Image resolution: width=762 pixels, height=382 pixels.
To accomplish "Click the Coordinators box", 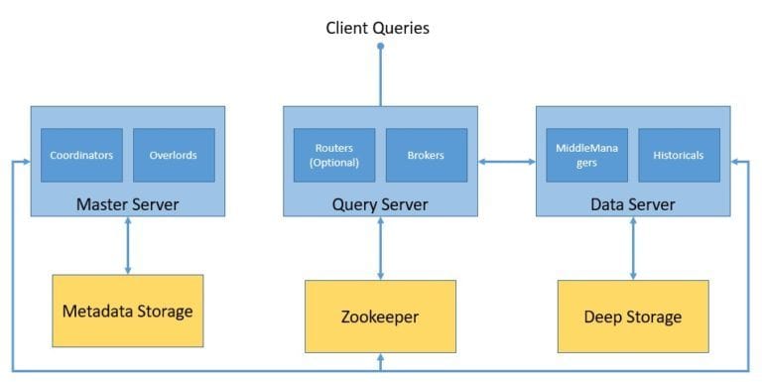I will (x=81, y=155).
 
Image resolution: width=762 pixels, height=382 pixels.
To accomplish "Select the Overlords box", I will (x=174, y=155).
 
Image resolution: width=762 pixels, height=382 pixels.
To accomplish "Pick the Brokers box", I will (x=426, y=155).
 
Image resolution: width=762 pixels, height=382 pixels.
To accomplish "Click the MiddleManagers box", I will (x=586, y=155).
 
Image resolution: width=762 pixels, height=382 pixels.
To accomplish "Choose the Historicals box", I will (x=679, y=155).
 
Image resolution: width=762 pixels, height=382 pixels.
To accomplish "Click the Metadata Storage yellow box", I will (x=127, y=311).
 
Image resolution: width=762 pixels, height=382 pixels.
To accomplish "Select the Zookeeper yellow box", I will (x=380, y=317).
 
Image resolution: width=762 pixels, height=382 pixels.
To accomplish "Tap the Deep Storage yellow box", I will (x=633, y=317).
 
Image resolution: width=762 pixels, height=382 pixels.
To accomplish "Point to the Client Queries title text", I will (x=378, y=28).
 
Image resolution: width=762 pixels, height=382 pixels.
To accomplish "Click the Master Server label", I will (x=127, y=204).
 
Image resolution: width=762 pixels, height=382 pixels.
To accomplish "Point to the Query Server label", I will (x=380, y=204).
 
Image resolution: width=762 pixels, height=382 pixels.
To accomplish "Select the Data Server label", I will (x=633, y=204).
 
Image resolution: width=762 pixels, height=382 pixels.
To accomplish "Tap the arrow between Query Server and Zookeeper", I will (x=380, y=248).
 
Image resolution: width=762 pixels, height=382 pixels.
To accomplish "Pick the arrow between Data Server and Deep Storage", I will (x=633, y=248).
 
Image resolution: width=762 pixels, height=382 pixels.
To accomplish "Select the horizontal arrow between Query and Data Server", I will (x=506, y=161).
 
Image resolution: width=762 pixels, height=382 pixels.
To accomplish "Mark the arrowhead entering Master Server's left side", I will (x=24, y=161).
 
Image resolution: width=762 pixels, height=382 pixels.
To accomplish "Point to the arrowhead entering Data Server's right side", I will (x=736, y=161).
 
